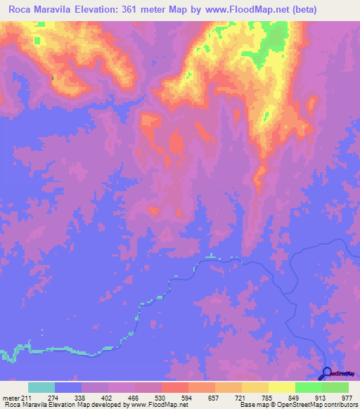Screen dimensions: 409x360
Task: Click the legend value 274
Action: tap(54, 397)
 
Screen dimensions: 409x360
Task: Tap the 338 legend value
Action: tap(81, 397)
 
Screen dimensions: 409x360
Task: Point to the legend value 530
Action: tap(161, 397)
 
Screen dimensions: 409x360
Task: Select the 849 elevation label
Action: tap(295, 397)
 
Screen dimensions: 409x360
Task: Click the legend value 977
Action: tap(347, 397)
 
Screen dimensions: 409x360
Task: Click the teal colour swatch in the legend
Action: tap(41, 387)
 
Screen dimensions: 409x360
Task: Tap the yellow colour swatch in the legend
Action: tap(281, 387)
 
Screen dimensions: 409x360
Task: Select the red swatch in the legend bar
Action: tap(174, 387)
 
